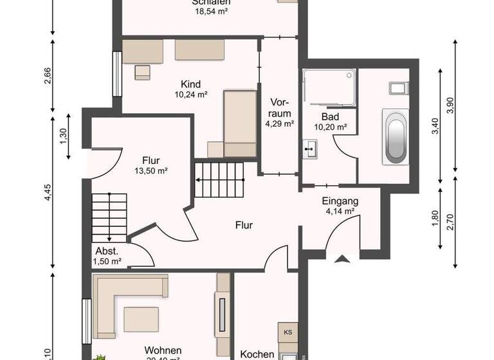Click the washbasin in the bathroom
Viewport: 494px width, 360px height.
click(310, 152)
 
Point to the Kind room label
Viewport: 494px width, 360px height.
click(191, 84)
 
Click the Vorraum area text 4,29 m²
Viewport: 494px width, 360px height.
click(280, 123)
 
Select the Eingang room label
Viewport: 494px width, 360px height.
click(340, 201)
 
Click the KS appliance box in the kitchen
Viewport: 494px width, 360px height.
click(287, 332)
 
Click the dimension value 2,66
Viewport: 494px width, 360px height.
click(47, 76)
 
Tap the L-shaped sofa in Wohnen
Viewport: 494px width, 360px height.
click(122, 302)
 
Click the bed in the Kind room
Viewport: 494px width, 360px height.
click(240, 122)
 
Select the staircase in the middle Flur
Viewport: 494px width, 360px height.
click(221, 180)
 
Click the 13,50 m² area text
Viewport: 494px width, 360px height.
click(151, 171)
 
